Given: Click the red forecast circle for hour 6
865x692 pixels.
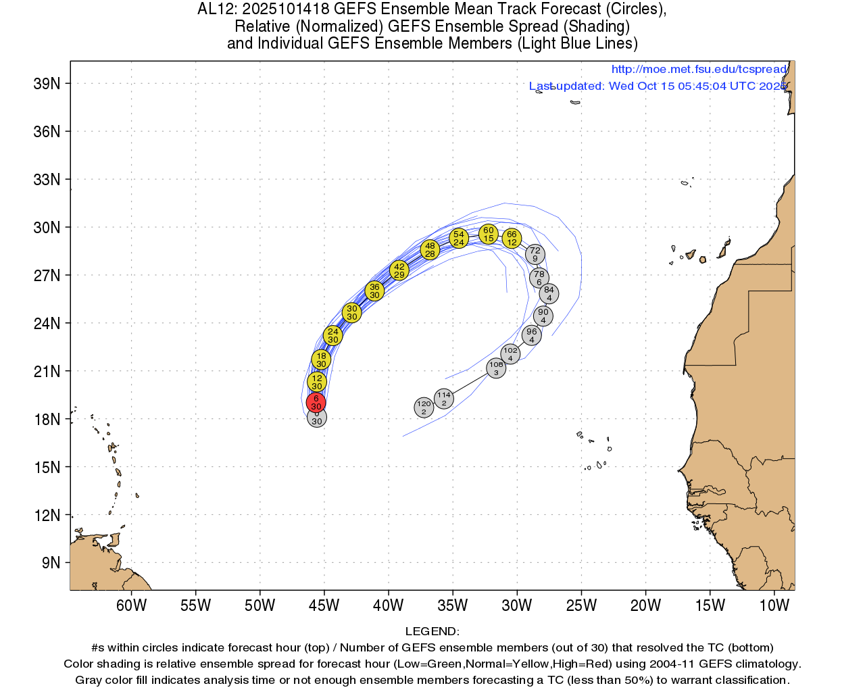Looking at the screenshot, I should [316, 403].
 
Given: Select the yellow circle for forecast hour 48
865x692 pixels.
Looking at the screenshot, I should [430, 250].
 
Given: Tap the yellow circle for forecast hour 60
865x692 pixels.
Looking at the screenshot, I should [489, 234].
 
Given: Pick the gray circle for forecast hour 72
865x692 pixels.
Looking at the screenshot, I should [535, 254].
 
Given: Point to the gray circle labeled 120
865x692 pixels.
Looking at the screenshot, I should [424, 407].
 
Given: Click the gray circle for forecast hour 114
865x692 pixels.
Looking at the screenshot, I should [443, 399].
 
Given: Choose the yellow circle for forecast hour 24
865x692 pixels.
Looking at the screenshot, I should [332, 335].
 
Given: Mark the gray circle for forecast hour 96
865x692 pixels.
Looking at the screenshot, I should [532, 335].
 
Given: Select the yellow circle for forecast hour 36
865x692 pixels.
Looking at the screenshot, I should [374, 291].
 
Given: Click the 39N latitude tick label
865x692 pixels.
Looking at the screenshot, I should [47, 84].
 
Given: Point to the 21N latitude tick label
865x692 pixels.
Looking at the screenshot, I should [47, 372].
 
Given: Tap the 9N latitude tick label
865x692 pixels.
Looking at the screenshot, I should [51, 563].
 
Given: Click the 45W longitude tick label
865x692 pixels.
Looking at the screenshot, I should [324, 605].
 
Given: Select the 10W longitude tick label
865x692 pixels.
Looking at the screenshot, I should [774, 605].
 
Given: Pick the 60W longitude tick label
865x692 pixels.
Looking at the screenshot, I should [131, 605].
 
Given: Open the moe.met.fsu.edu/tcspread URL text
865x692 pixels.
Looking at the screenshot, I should [699, 69].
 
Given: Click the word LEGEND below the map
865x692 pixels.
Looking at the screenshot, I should [432, 631].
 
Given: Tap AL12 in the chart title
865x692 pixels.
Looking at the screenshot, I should [216, 9].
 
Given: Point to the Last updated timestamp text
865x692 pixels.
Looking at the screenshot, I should [658, 86].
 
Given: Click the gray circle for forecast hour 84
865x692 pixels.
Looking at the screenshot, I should [549, 293].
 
